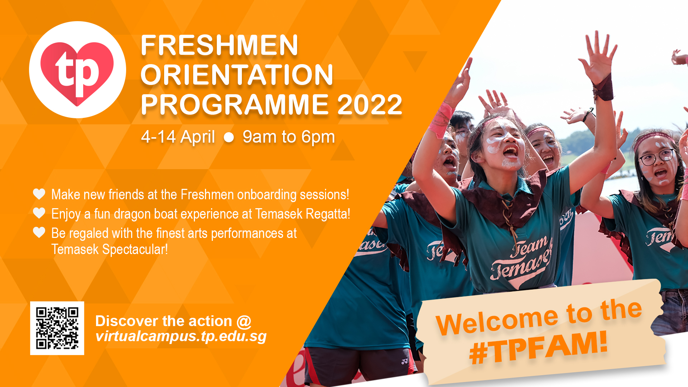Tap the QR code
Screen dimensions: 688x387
57,328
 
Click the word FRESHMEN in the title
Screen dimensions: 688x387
219,46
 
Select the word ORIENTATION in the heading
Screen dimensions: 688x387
237,75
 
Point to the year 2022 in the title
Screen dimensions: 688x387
369,105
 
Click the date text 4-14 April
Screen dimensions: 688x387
178,137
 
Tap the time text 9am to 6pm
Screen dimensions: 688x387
289,137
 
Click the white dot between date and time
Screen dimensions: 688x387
229,137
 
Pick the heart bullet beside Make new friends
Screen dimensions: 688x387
39,194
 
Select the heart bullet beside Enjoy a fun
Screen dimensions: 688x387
39,213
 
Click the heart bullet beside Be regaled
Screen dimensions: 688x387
39,232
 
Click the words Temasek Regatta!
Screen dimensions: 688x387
303,214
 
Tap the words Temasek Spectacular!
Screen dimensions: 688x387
110,249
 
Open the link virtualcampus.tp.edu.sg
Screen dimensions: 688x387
181,336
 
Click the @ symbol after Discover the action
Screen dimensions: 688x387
244,321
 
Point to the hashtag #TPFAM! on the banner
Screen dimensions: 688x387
539,348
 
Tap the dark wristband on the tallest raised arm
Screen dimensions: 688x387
603,88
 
